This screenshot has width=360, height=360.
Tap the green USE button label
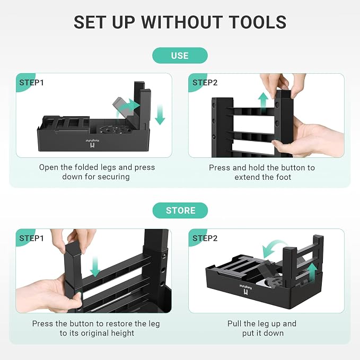(180, 56)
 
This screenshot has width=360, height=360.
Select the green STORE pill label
(180, 210)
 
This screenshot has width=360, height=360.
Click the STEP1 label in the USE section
(31, 83)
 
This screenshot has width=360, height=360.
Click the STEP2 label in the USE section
(205, 83)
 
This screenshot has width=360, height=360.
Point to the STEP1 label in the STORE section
(31, 238)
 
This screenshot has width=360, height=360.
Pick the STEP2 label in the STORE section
(205, 238)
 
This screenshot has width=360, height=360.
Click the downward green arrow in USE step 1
(160, 115)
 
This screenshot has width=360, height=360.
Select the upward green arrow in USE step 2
(263, 101)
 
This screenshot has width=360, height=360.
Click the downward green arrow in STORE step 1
(95, 267)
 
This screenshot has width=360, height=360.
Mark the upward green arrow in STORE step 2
(312, 273)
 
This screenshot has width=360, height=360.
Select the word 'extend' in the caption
(247, 177)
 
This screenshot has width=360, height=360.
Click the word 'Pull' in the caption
(235, 323)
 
